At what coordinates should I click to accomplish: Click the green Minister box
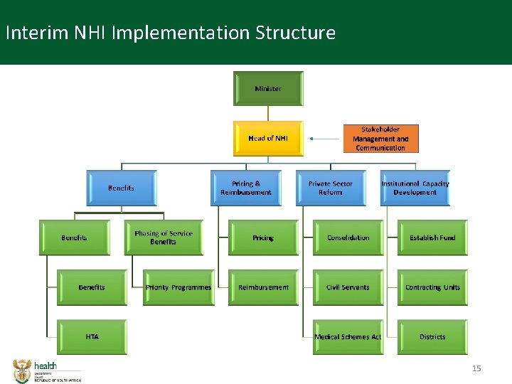(x=268, y=88)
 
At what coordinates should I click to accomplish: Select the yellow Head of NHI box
(x=268, y=138)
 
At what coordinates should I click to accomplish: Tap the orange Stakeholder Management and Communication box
(x=380, y=139)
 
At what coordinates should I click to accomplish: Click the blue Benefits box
(x=121, y=188)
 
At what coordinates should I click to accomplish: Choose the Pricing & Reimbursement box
(x=246, y=188)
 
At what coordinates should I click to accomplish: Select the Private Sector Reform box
(x=330, y=188)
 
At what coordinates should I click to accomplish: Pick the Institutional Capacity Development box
(x=415, y=188)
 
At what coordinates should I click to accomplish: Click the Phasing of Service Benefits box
(x=164, y=238)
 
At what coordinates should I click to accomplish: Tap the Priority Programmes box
(x=178, y=287)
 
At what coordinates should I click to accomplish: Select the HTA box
(x=92, y=336)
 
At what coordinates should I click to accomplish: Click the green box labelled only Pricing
(x=263, y=238)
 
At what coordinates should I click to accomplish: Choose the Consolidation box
(x=348, y=238)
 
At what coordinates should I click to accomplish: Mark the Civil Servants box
(x=348, y=287)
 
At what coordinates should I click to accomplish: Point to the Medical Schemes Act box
(x=348, y=336)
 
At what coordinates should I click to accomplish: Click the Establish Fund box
(x=432, y=238)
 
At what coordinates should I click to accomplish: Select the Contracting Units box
(x=432, y=287)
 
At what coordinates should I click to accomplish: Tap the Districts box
(x=432, y=336)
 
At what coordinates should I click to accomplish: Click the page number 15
(x=477, y=368)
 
